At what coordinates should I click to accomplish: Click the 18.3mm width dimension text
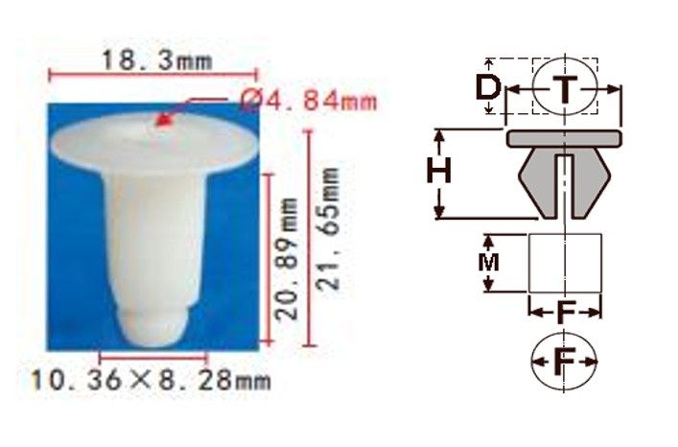pyautogui.click(x=157, y=61)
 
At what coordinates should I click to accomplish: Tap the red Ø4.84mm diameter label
pyautogui.click(x=309, y=102)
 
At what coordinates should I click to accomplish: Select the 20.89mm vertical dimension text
pyautogui.click(x=287, y=259)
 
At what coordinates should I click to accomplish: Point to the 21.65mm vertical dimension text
pyautogui.click(x=327, y=229)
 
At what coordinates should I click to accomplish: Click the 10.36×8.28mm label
pyautogui.click(x=151, y=381)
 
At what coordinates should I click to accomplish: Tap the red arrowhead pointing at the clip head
pyautogui.click(x=163, y=120)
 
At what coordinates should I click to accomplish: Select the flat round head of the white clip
pyautogui.click(x=154, y=141)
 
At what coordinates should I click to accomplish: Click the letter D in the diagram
pyautogui.click(x=488, y=86)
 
